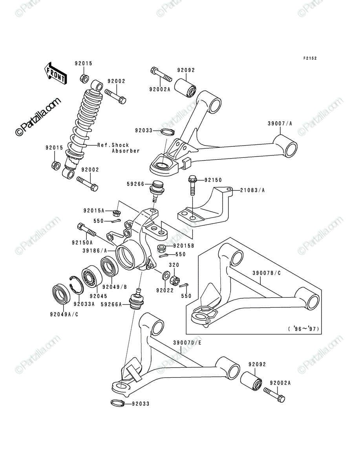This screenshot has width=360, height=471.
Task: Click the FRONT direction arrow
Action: pos(56,74)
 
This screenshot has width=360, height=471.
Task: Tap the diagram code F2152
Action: pos(310,58)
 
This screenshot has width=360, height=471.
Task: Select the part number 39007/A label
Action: pos(280,124)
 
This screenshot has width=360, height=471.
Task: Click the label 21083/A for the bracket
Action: pos(252,190)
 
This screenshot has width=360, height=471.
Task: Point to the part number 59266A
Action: pos(111,304)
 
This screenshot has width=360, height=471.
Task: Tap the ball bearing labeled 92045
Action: pos(92,276)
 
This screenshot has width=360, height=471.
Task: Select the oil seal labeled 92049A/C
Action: pos(61,294)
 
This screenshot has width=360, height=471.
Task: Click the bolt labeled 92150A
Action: pos(87,230)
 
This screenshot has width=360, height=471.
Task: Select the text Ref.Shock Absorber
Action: pos(119,148)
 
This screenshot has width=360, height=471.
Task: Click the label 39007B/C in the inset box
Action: pos(267,273)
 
